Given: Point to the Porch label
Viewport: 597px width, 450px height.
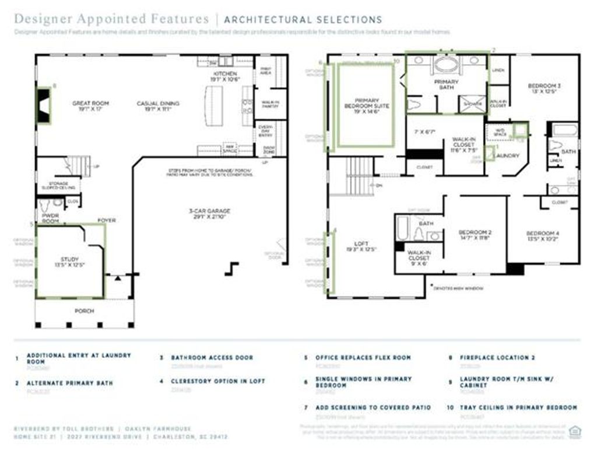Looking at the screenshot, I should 84,311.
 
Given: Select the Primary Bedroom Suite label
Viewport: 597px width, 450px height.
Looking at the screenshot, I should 367,103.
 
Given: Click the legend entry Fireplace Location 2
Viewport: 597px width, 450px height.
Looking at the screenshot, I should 497,357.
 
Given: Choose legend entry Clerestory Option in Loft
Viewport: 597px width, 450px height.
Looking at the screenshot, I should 218,381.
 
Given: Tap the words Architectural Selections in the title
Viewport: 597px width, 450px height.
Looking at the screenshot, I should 303,20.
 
